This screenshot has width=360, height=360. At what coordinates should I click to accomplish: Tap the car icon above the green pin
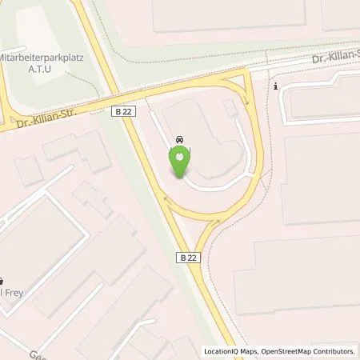point(178,140)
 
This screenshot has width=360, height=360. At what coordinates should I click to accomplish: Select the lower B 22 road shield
point(187,258)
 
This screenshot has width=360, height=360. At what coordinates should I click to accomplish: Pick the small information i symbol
point(275,86)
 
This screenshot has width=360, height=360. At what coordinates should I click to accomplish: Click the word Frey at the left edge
point(14,294)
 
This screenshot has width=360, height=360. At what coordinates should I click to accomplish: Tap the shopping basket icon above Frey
point(2,281)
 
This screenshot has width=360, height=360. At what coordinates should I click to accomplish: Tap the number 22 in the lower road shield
point(191,258)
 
